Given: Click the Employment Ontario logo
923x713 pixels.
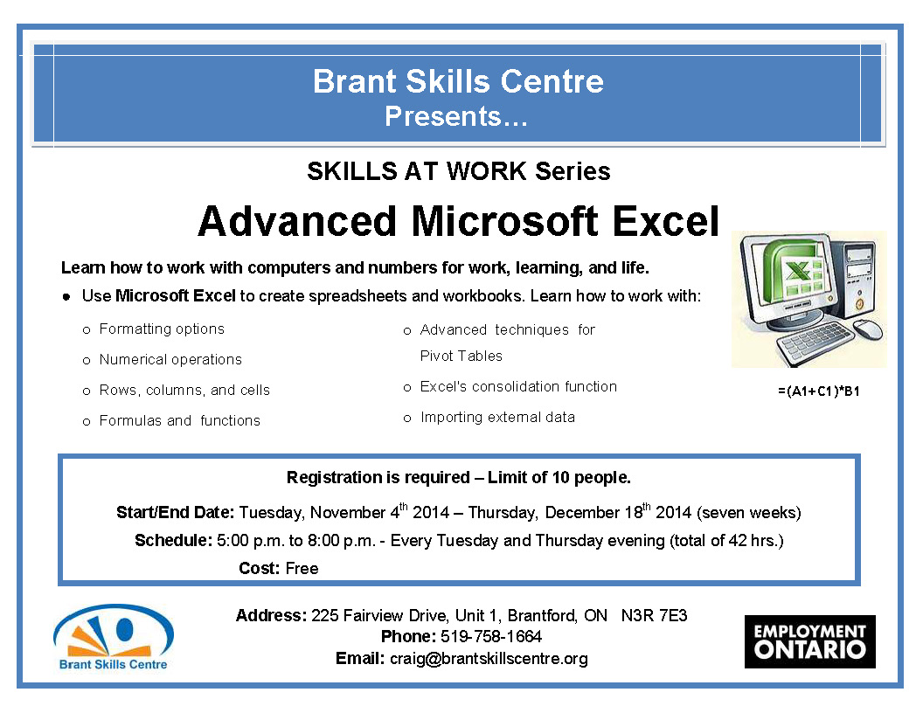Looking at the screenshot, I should [809, 641].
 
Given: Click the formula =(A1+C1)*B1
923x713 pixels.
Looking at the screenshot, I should [818, 391].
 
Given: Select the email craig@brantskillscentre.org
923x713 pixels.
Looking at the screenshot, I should [489, 659].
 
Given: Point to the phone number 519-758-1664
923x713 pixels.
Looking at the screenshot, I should [491, 637].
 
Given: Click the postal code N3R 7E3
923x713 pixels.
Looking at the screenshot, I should [654, 616].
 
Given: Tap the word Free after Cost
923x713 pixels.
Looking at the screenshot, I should [302, 569].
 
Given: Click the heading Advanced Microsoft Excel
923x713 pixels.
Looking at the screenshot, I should [458, 221].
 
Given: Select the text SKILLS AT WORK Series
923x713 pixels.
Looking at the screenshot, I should [458, 171].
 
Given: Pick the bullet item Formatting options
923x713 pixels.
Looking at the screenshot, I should [162, 329].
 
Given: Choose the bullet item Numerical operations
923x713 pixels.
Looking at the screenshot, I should [170, 360].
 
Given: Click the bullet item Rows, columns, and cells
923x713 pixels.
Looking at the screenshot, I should [184, 391].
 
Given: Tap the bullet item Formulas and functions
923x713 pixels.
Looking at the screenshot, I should [180, 421].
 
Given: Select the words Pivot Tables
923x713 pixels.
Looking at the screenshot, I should [461, 356].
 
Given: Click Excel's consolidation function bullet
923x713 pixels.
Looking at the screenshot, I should [518, 387].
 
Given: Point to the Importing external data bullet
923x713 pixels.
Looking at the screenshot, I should [497, 418].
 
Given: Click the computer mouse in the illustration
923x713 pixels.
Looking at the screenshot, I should [867, 329].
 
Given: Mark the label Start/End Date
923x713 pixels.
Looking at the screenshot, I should [175, 513].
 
